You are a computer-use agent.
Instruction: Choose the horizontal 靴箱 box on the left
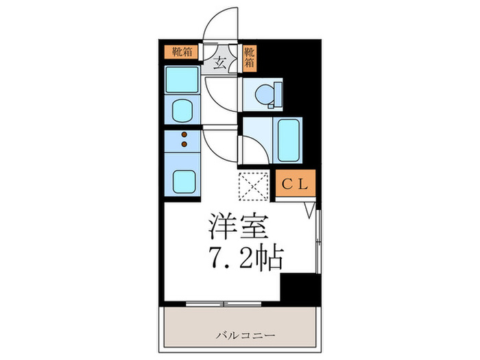(x=181, y=51)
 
